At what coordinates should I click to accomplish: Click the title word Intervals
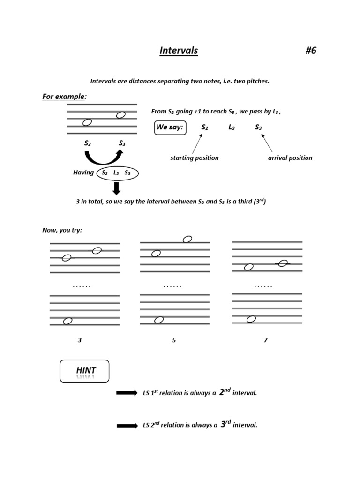click(179, 51)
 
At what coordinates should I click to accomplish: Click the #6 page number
click(311, 51)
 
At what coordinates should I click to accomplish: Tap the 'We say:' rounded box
click(170, 127)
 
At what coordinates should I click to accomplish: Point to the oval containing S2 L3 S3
click(117, 172)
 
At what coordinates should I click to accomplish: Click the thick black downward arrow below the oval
click(117, 188)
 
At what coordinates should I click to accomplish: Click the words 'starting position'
click(194, 157)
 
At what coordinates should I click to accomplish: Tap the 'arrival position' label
click(290, 157)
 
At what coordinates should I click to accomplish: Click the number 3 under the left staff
click(80, 340)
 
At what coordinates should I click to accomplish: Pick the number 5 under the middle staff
click(174, 340)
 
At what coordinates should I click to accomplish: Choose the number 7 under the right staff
click(266, 340)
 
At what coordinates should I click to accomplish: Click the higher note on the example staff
click(120, 115)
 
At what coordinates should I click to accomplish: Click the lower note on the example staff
click(87, 122)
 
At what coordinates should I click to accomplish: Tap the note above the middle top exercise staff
click(187, 239)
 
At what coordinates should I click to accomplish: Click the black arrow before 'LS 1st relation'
click(127, 393)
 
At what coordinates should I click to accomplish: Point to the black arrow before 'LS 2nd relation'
click(127, 425)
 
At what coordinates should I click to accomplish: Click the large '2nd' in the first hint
click(225, 392)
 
